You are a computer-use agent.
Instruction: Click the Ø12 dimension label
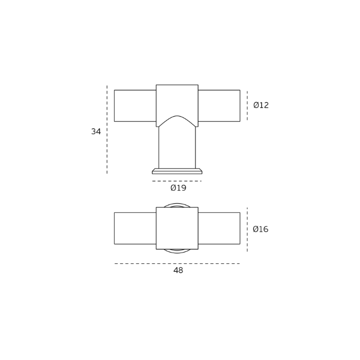(261, 105)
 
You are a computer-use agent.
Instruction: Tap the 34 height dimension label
(96, 132)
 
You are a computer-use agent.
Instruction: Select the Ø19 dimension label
(178, 188)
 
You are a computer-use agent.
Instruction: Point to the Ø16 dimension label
(260, 229)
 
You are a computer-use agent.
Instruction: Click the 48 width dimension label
(178, 271)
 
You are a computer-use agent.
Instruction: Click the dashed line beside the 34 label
(107, 130)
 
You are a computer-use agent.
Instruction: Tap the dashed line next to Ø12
(247, 105)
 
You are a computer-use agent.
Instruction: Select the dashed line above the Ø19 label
(177, 181)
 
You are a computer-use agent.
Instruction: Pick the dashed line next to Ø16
(247, 229)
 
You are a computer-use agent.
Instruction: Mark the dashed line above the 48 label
(177, 263)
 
